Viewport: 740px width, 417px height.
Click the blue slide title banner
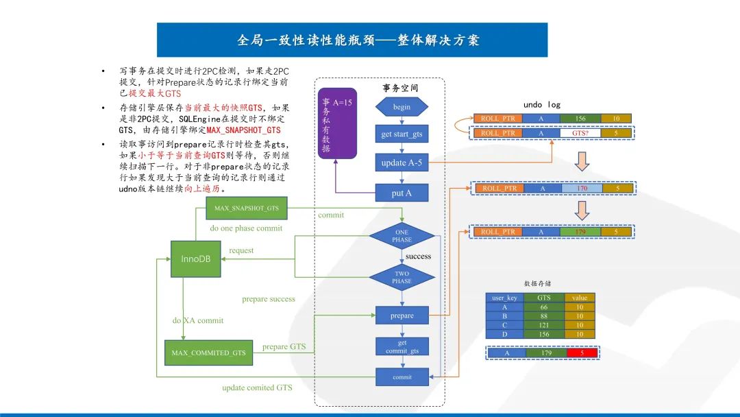click(351, 40)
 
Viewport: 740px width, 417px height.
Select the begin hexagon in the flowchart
click(402, 107)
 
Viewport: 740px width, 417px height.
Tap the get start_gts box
click(402, 134)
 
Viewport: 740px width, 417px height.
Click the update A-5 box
click(402, 163)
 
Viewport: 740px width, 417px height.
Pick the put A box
click(402, 193)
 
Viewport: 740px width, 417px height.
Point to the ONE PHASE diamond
click(402, 236)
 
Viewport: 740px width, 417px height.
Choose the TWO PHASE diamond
click(402, 277)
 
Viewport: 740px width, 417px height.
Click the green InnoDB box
click(195, 259)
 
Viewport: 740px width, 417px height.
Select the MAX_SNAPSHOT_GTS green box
click(247, 207)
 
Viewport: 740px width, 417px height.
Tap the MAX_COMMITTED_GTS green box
click(208, 353)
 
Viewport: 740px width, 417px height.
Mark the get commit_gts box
click(402, 346)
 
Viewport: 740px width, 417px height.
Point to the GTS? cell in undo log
click(580, 132)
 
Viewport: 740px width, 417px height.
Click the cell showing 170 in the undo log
click(582, 188)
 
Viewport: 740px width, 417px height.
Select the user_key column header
click(504, 298)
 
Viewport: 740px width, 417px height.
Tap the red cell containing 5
click(582, 353)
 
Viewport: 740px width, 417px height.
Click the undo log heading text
click(542, 105)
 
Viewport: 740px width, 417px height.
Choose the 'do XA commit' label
click(197, 320)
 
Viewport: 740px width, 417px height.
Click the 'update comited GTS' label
click(257, 388)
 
